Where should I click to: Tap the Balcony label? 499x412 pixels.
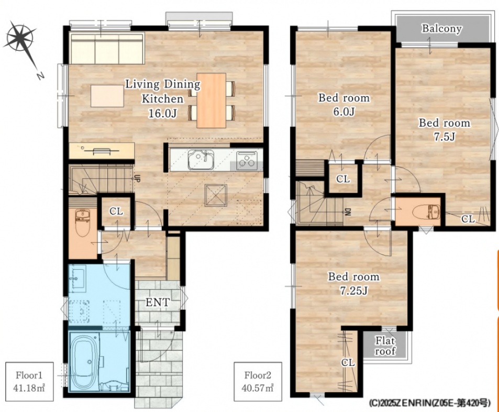pos(441,29)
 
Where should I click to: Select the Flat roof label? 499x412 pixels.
pos(385,346)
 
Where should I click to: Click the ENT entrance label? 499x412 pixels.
pos(158,302)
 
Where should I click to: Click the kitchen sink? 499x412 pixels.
pos(201,159)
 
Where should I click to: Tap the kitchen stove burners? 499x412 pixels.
pos(247,159)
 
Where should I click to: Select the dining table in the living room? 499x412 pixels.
pos(212,101)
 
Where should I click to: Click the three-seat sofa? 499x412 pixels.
pos(107,49)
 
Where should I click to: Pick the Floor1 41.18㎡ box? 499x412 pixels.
pos(29,381)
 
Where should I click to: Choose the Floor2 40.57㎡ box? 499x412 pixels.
pos(258,381)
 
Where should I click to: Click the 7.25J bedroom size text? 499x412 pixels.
pos(353,291)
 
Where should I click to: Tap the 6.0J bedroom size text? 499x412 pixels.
pos(344,112)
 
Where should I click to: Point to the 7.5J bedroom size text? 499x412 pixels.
pos(444,137)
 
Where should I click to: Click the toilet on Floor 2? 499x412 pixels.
pos(426,212)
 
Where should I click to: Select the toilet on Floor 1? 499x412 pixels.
pos(83,223)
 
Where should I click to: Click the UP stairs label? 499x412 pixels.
pos(137,179)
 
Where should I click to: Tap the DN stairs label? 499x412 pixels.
pos(348,212)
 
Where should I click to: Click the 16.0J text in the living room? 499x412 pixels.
pos(162,113)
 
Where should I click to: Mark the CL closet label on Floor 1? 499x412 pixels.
pos(116,211)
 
